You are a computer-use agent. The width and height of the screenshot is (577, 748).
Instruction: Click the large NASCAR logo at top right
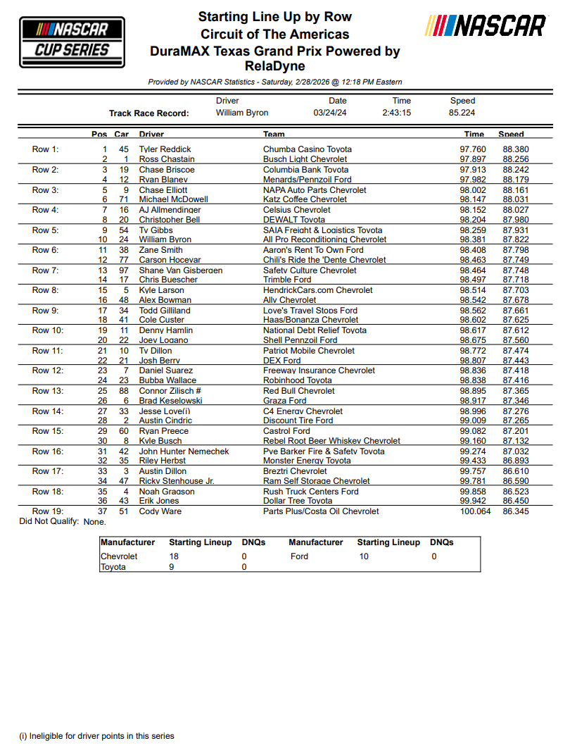click(x=486, y=27)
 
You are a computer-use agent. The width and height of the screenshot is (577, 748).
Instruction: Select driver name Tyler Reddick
click(x=165, y=149)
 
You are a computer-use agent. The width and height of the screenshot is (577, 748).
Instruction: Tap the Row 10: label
click(x=48, y=330)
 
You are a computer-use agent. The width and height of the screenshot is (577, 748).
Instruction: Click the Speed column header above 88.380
click(x=511, y=134)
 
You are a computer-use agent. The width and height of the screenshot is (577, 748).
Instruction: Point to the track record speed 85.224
click(x=462, y=113)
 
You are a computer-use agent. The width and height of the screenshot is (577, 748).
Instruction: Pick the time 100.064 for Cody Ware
click(x=475, y=511)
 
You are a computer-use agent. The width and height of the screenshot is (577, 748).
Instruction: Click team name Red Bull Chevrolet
click(x=299, y=391)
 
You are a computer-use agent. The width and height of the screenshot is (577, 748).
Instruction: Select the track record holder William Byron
click(x=242, y=113)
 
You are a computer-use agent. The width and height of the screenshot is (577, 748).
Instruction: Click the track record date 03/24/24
click(x=330, y=113)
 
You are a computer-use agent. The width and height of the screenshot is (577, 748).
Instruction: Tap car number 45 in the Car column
click(x=124, y=149)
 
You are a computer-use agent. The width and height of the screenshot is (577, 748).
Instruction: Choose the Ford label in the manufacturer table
click(x=299, y=556)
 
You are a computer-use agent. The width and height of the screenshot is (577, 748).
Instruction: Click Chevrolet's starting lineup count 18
click(x=174, y=556)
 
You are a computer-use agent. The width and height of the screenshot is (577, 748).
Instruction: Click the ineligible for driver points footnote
click(x=96, y=736)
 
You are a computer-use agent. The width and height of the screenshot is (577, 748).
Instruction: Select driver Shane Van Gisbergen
click(x=181, y=270)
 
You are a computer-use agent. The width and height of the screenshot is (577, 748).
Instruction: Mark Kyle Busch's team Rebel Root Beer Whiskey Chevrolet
click(x=331, y=441)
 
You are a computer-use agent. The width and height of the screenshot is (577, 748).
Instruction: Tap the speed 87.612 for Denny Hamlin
click(x=516, y=330)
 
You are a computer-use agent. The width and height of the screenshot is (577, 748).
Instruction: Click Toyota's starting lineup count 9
click(x=172, y=566)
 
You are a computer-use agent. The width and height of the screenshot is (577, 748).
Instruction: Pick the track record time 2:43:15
click(x=397, y=113)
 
